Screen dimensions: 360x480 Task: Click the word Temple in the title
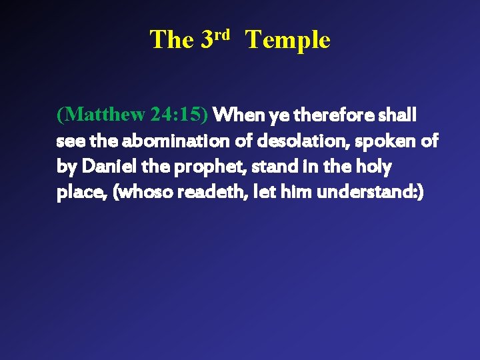pyautogui.click(x=287, y=40)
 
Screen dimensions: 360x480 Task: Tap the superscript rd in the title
pyautogui.click(x=222, y=33)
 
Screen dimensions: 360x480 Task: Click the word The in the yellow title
pyautogui.click(x=171, y=40)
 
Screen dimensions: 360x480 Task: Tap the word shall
pyautogui.click(x=397, y=115)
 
